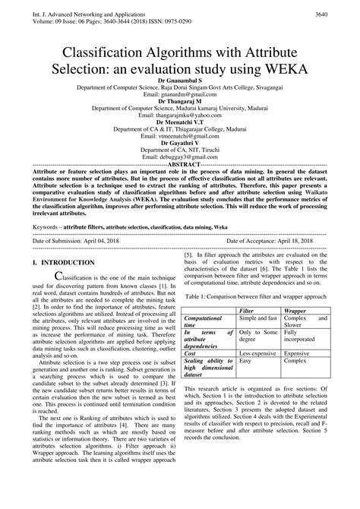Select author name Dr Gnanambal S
[179, 80]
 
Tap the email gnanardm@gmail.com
[179, 94]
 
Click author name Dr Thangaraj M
[179, 101]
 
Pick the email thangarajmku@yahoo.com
[179, 115]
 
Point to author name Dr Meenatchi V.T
[179, 122]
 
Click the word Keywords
[48, 226]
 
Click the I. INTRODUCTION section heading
[64, 262]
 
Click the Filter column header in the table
[246, 311]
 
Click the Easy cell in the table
[245, 362]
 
